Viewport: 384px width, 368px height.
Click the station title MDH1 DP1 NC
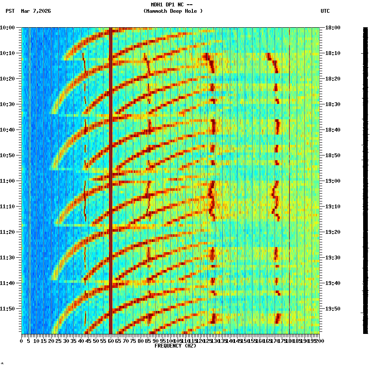coord(172,5)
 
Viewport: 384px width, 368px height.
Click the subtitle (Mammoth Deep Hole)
coord(173,11)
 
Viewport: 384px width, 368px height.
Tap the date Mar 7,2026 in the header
coord(36,11)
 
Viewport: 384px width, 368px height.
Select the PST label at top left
coord(10,11)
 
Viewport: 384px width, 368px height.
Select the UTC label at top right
coord(325,11)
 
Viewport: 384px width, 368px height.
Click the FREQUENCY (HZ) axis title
coord(175,346)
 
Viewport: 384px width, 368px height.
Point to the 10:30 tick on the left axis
coord(7,104)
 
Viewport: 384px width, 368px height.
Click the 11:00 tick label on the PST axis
coord(7,181)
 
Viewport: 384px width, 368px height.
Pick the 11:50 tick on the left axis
coord(7,309)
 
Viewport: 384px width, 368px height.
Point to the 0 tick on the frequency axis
coord(22,341)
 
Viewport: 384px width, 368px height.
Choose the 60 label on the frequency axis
coord(111,341)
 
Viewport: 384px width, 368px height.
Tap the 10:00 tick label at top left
coord(7,28)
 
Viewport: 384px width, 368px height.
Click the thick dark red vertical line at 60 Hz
coord(111,170)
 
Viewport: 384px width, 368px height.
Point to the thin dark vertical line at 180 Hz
coord(289,170)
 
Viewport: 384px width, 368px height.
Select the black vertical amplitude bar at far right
coord(365,179)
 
